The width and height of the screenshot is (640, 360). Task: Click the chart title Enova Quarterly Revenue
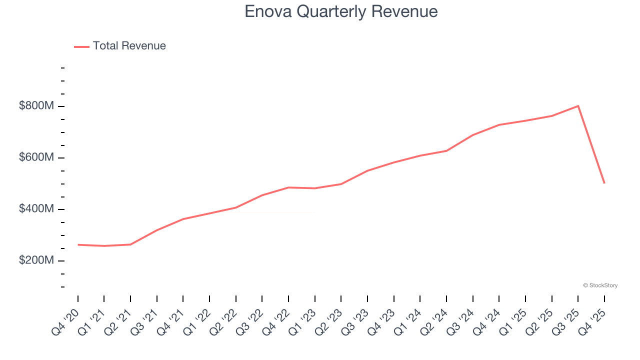341,11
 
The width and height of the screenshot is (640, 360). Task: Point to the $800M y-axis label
36,106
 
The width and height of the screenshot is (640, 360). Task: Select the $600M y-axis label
36,157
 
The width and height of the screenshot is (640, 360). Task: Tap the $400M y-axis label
36,209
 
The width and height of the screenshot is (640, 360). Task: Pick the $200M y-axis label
36,260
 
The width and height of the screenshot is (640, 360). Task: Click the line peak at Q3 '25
578,106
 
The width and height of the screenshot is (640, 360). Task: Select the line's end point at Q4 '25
604,183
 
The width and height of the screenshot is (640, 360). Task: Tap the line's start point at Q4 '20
78,244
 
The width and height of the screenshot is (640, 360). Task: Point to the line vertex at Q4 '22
288,187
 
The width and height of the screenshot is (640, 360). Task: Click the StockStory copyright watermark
600,285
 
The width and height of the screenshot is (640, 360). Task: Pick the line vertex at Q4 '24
499,124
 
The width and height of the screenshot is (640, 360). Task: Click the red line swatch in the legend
81,46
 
